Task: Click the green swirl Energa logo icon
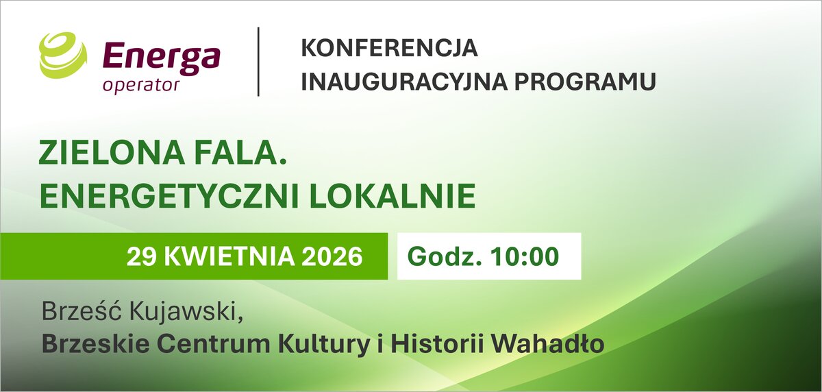tap(63, 55)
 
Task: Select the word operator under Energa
tap(141, 86)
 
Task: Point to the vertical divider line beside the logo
tap(258, 62)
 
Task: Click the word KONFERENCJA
tap(389, 48)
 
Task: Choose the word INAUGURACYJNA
tap(404, 82)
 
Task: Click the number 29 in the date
tap(142, 256)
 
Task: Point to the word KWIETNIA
tap(229, 256)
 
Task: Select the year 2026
tap(332, 256)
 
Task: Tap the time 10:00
tap(525, 256)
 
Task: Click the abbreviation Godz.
tap(444, 256)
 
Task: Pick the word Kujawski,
tap(186, 313)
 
